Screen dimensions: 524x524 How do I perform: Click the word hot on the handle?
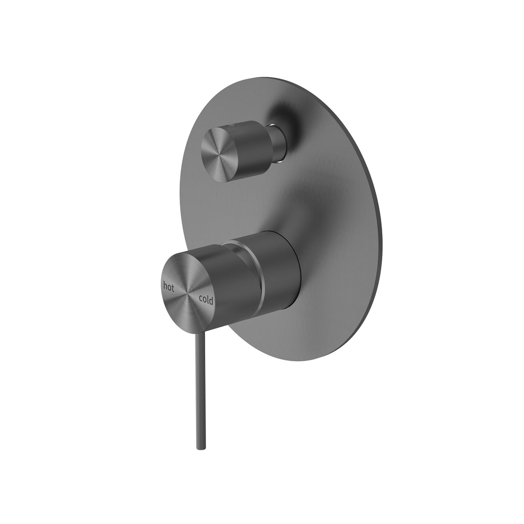click(169, 287)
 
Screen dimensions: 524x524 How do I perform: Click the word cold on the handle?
click(206, 300)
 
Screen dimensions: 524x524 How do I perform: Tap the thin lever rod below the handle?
click(199, 389)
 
